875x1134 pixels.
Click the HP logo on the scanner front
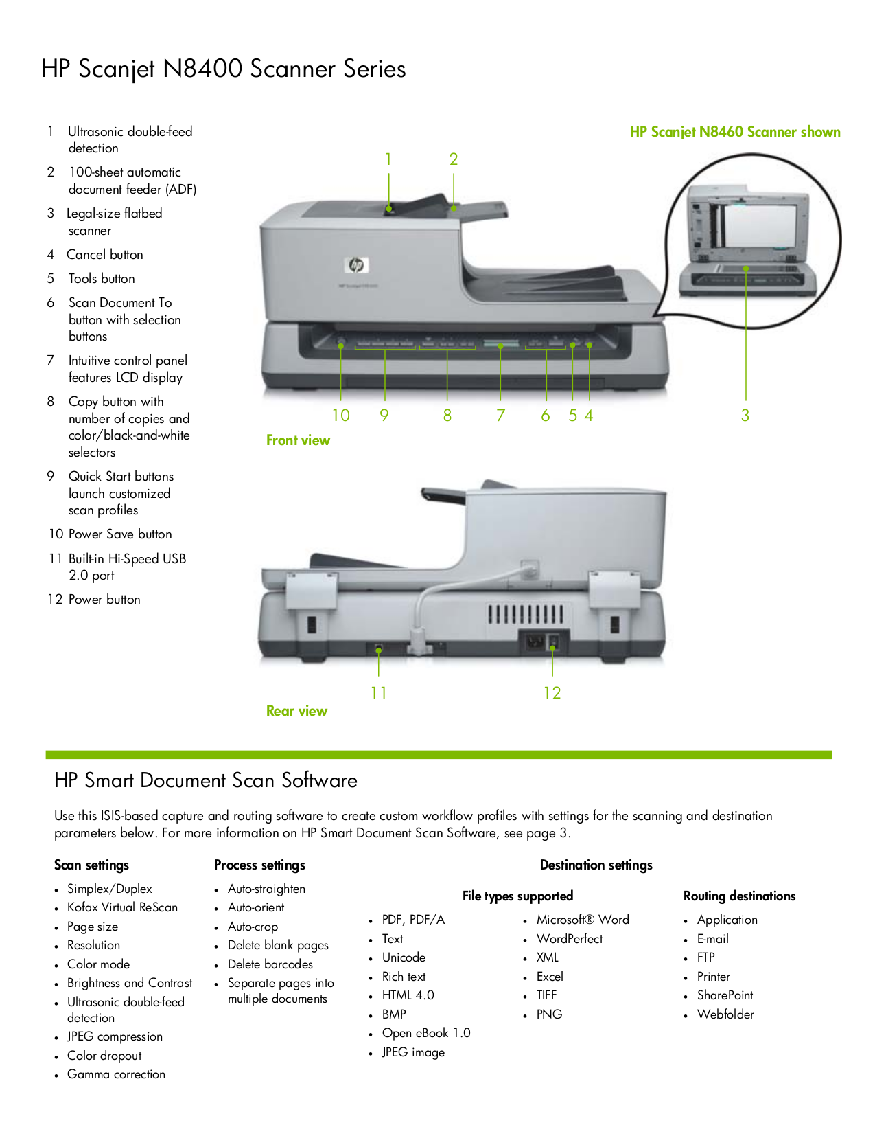(356, 264)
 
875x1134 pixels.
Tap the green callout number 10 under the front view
(341, 416)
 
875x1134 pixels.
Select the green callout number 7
(501, 416)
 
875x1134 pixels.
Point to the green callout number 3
(745, 416)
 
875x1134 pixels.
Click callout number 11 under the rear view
(379, 693)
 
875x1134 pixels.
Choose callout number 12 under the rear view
(552, 693)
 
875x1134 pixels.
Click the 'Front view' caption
(298, 440)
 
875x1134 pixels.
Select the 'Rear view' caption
(296, 711)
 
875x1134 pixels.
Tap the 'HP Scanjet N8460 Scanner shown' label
(735, 132)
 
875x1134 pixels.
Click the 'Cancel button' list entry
(105, 255)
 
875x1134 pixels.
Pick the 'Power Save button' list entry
(120, 534)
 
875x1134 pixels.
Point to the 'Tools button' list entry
(102, 279)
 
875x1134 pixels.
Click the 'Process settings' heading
(259, 865)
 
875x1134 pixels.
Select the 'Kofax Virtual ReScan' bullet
(122, 907)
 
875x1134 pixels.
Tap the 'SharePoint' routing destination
(725, 995)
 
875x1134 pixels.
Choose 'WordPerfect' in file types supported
(570, 939)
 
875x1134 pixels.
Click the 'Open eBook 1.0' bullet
(426, 1033)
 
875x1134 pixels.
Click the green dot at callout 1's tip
(389, 208)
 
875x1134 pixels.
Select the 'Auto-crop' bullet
(253, 927)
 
